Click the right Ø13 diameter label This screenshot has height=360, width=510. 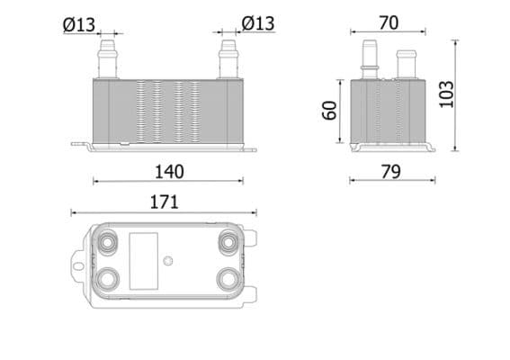258,22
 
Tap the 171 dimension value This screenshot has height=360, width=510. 163,202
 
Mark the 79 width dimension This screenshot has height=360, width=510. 390,171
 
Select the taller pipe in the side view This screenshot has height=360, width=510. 369,58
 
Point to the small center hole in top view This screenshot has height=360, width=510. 168,262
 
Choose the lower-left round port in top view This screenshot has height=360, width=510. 110,278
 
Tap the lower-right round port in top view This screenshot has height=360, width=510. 228,278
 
